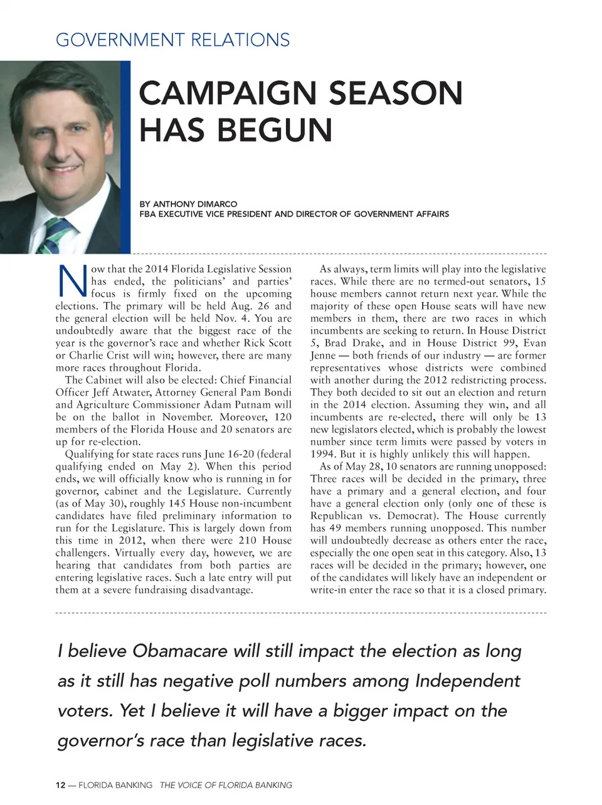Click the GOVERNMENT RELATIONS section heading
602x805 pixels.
tap(172, 40)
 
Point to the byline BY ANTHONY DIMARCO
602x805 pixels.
tap(188, 204)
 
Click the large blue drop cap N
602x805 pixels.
tap(72, 281)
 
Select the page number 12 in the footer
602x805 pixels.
tap(60, 785)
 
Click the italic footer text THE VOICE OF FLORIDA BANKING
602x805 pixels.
tap(226, 785)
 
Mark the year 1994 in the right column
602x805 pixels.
tap(322, 454)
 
